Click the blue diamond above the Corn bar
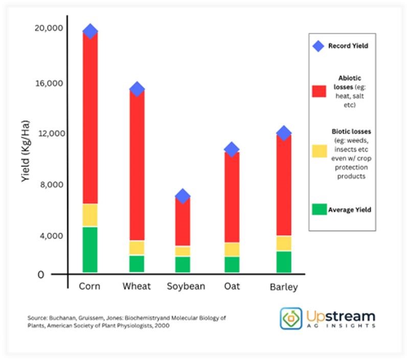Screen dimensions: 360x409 (x=90, y=31)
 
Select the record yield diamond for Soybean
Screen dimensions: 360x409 (x=183, y=196)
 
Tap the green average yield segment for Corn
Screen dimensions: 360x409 (x=90, y=250)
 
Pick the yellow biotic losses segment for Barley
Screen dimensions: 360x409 (x=284, y=243)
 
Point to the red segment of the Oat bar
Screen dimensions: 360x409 (x=232, y=197)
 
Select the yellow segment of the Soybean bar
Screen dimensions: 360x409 (x=183, y=251)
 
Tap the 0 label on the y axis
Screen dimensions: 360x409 (x=55, y=275)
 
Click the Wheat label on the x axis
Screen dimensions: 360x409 (x=137, y=286)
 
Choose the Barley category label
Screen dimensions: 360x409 (x=284, y=287)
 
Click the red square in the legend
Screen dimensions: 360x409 (x=319, y=91)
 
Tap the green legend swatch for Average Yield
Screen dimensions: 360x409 (x=319, y=209)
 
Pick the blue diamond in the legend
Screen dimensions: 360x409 (x=319, y=46)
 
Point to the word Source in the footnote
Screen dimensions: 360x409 (x=37, y=318)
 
